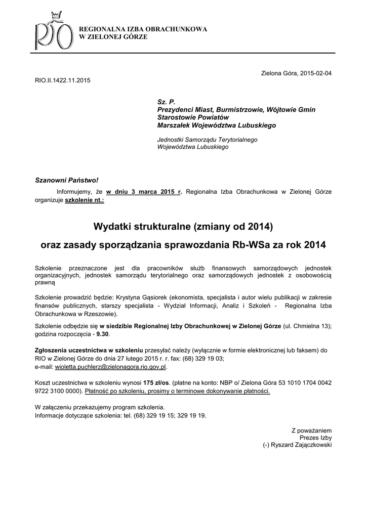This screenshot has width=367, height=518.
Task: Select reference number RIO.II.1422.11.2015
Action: coord(62,80)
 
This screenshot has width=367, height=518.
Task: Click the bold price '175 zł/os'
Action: coord(157,382)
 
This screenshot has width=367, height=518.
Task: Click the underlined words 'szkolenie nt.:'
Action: coord(85,200)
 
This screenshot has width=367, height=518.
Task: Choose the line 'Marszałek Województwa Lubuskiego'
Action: coord(217,125)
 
